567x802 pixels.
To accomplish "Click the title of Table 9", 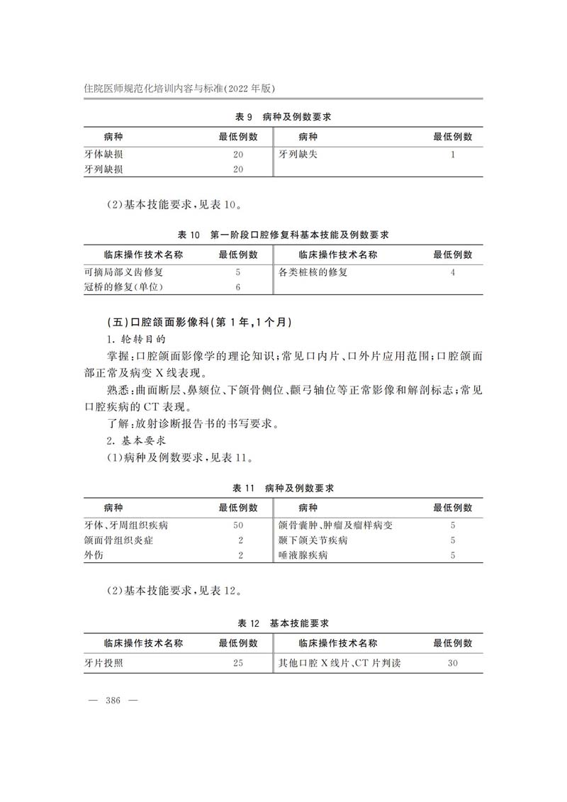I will click(283, 116).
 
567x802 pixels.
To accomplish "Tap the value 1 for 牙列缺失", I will click(452, 154).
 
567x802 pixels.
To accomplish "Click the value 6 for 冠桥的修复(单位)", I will click(238, 287).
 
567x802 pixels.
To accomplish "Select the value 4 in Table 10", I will click(452, 272).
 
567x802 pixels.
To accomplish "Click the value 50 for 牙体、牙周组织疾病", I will click(238, 525).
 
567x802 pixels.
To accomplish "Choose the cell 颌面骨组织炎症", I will click(118, 540).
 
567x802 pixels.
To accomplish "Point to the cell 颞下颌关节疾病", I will click(313, 540).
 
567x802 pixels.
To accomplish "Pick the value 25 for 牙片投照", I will click(238, 663).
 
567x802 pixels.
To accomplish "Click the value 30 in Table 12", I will click(452, 663).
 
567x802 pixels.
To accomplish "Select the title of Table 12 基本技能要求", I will click(283, 623).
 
